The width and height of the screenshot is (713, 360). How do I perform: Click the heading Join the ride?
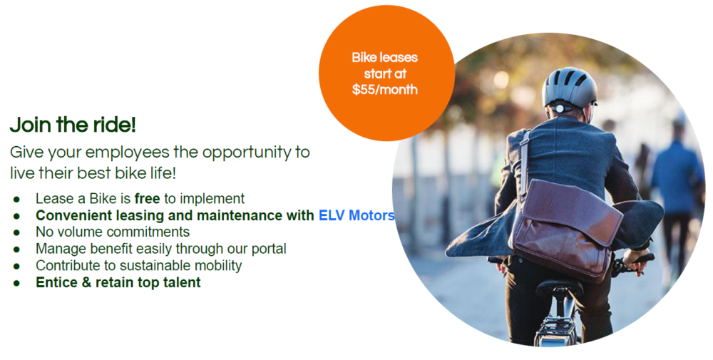[x=73, y=125]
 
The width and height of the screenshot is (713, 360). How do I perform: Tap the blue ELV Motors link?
[x=356, y=215]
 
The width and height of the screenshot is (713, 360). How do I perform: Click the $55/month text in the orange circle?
[x=385, y=89]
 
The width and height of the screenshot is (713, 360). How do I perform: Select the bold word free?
[x=148, y=199]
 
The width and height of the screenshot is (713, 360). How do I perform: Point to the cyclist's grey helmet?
[x=569, y=88]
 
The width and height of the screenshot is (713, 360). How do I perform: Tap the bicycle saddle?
[x=559, y=287]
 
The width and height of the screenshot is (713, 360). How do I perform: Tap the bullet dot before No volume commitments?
[x=17, y=232]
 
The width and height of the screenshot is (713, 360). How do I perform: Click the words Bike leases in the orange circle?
[x=385, y=58]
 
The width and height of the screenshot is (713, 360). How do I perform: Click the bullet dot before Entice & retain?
[x=17, y=283]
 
